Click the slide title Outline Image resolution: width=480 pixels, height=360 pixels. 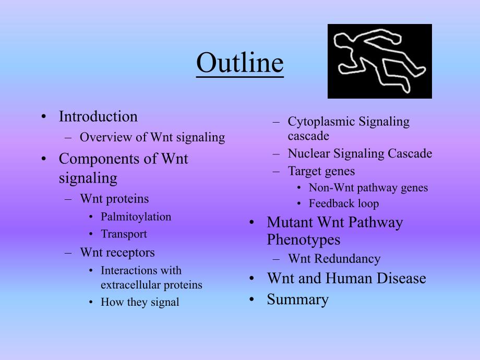(x=240, y=64)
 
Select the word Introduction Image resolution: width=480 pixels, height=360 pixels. (x=98, y=116)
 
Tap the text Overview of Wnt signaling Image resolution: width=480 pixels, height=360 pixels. (x=152, y=138)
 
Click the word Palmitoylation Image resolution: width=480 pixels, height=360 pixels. (x=136, y=217)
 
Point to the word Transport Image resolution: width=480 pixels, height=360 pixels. (x=124, y=234)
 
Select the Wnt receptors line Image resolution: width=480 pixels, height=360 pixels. (x=117, y=253)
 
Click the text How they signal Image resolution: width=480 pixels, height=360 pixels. (x=139, y=302)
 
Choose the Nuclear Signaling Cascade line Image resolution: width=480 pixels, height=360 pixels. (x=359, y=153)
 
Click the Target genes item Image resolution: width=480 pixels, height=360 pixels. (x=321, y=171)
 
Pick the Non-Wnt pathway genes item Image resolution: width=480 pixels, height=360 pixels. (x=368, y=188)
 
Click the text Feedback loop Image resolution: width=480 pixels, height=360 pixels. (x=343, y=203)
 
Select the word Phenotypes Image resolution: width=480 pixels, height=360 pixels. (x=303, y=240)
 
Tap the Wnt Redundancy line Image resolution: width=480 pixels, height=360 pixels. (x=334, y=259)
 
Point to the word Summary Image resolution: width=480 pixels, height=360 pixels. (x=297, y=299)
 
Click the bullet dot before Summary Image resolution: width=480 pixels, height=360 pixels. (x=251, y=299)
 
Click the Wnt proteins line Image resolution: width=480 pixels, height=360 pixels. (x=114, y=199)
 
